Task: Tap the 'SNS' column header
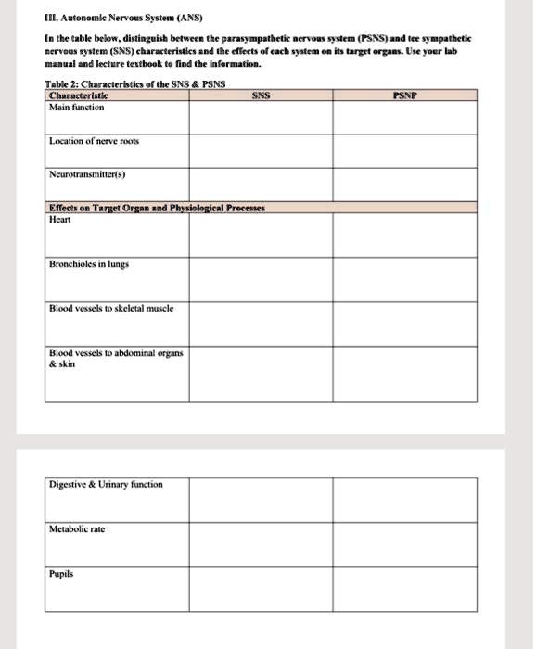tap(261, 95)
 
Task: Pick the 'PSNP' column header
tap(403, 95)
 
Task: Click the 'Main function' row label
tap(77, 108)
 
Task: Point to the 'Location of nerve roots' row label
tap(95, 141)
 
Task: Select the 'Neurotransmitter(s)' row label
tap(88, 173)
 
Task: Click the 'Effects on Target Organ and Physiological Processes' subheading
tap(157, 208)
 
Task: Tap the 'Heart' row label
tap(60, 219)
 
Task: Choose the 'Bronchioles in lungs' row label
tap(89, 264)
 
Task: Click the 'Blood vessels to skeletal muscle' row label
tap(111, 308)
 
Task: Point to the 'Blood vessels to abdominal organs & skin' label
tap(116, 358)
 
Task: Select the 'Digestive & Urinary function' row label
tap(107, 485)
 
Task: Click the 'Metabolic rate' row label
tap(78, 528)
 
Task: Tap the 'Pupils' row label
tap(62, 575)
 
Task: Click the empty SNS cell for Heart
tap(261, 235)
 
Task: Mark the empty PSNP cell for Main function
tap(403, 118)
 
